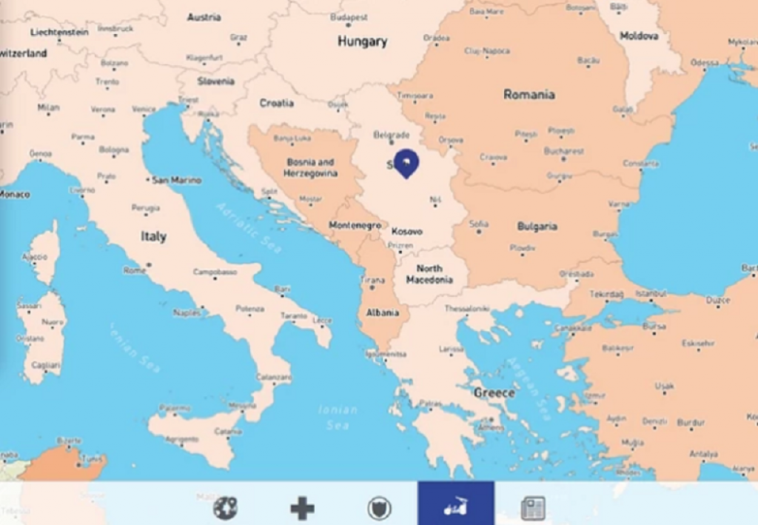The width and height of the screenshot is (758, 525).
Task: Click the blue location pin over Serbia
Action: [406, 162]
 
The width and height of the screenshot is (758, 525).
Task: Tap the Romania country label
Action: [529, 94]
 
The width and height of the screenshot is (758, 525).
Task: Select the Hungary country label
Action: [362, 41]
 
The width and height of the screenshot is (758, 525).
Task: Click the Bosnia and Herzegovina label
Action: [310, 167]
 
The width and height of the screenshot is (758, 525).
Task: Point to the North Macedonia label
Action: [429, 274]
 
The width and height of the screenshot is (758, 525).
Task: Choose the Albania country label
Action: [383, 312]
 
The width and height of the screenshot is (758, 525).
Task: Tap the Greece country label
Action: [494, 392]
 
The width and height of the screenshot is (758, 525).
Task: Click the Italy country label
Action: [153, 237]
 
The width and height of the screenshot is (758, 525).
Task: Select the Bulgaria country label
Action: [537, 226]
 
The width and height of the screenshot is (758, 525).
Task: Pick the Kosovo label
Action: [407, 231]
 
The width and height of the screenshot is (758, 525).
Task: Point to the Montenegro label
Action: [355, 225]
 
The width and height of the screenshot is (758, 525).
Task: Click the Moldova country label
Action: [639, 35]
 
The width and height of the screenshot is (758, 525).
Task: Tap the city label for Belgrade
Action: [392, 135]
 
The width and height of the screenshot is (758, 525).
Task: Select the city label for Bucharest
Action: [564, 150]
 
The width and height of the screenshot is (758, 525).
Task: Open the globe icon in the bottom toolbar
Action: [225, 507]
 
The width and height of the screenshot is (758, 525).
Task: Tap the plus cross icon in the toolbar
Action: [302, 508]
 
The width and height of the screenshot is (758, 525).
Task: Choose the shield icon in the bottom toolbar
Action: [379, 508]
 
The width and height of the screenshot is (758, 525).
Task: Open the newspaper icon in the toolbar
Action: [532, 508]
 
